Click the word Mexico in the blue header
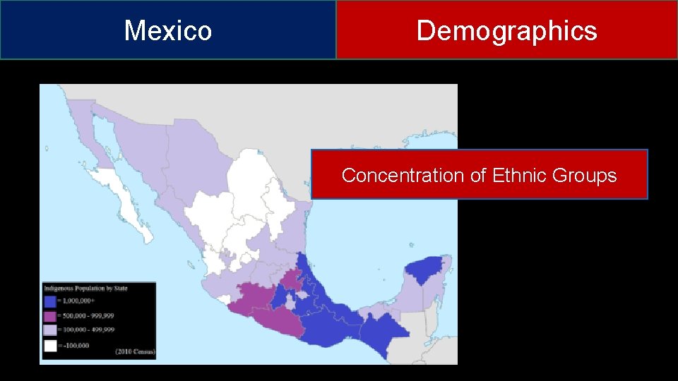168,30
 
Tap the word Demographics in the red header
506,30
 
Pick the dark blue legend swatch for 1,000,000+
50,302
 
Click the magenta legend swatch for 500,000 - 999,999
50,315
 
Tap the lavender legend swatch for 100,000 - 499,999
50,329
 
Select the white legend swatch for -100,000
50,344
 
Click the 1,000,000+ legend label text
81,302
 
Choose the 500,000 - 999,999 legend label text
89,315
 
